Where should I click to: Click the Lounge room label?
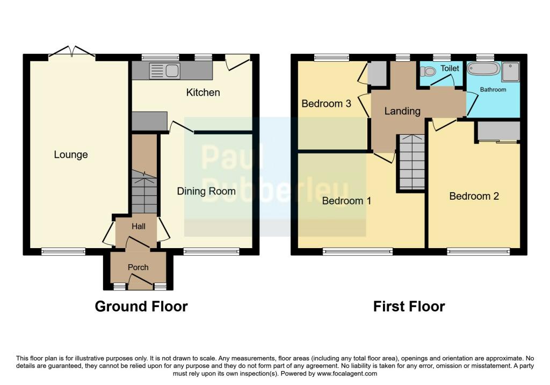(x=71, y=155)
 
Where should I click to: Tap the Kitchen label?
(x=203, y=92)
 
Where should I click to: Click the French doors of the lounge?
(x=72, y=53)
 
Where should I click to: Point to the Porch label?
(x=138, y=267)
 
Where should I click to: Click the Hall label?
(x=138, y=227)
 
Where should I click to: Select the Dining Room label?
(x=206, y=191)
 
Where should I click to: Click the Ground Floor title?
(x=141, y=307)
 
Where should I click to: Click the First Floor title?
(x=409, y=307)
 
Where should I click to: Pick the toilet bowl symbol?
(x=428, y=71)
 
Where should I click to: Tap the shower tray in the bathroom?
(x=511, y=71)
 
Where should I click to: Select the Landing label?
(x=402, y=111)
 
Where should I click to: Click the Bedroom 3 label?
(x=326, y=103)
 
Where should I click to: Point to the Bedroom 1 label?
(x=346, y=201)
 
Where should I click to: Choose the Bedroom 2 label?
(x=474, y=196)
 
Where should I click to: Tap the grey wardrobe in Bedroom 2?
(x=498, y=131)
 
